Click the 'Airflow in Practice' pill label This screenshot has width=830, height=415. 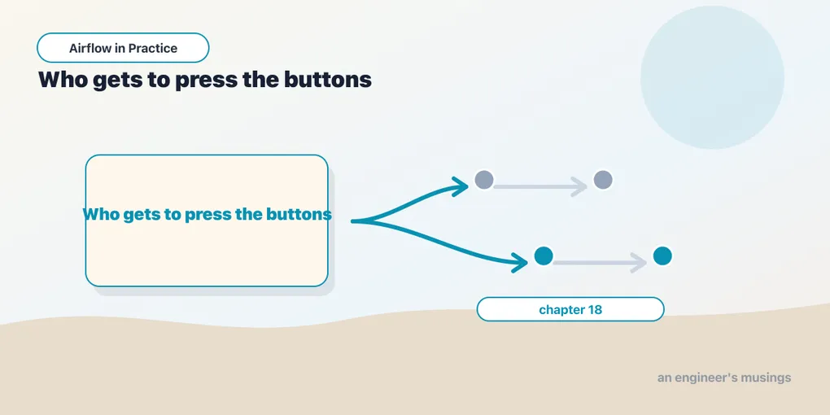tap(123, 48)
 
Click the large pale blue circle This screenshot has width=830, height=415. tap(712, 77)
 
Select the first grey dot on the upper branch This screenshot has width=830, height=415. tap(484, 180)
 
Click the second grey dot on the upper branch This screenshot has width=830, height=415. tap(603, 180)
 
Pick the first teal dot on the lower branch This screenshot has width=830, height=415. tap(544, 256)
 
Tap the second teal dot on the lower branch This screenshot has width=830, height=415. tap(662, 256)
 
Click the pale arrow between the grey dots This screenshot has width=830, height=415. tap(540, 187)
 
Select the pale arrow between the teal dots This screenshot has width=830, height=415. tap(600, 263)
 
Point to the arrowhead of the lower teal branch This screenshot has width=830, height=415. tap(520, 261)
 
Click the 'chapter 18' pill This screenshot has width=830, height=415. tap(570, 309)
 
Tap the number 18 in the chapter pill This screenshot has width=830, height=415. tap(595, 310)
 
